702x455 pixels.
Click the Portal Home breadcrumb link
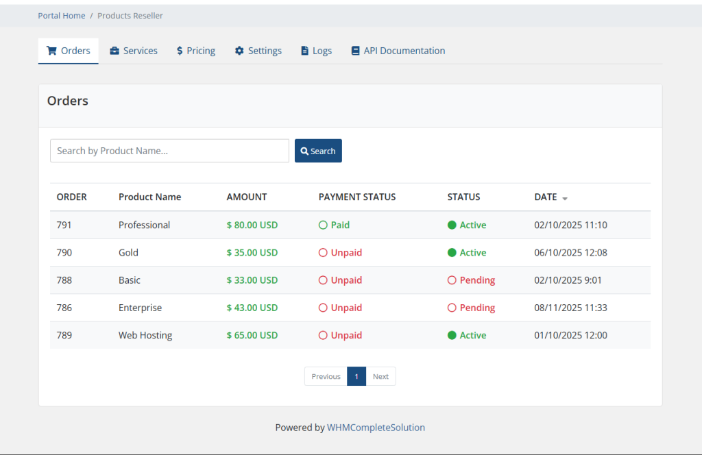coord(62,16)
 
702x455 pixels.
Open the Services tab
coord(134,51)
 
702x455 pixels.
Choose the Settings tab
coord(258,51)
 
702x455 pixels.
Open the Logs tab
coord(316,51)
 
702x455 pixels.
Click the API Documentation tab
coord(398,51)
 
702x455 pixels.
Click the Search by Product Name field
coord(169,151)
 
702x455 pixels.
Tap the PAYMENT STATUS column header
coord(357,197)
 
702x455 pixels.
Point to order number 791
coord(64,225)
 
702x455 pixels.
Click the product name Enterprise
coord(140,308)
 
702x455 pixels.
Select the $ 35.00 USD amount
coord(252,253)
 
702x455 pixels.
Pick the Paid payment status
coord(335,225)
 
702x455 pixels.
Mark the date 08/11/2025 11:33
coord(570,308)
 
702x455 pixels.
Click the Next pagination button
coord(380,376)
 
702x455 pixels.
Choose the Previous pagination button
coord(326,376)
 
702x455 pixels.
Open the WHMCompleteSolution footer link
coord(376,428)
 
